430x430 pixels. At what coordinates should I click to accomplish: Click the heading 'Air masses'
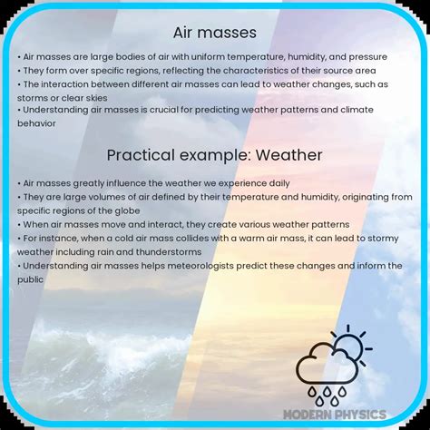pos(215,34)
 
